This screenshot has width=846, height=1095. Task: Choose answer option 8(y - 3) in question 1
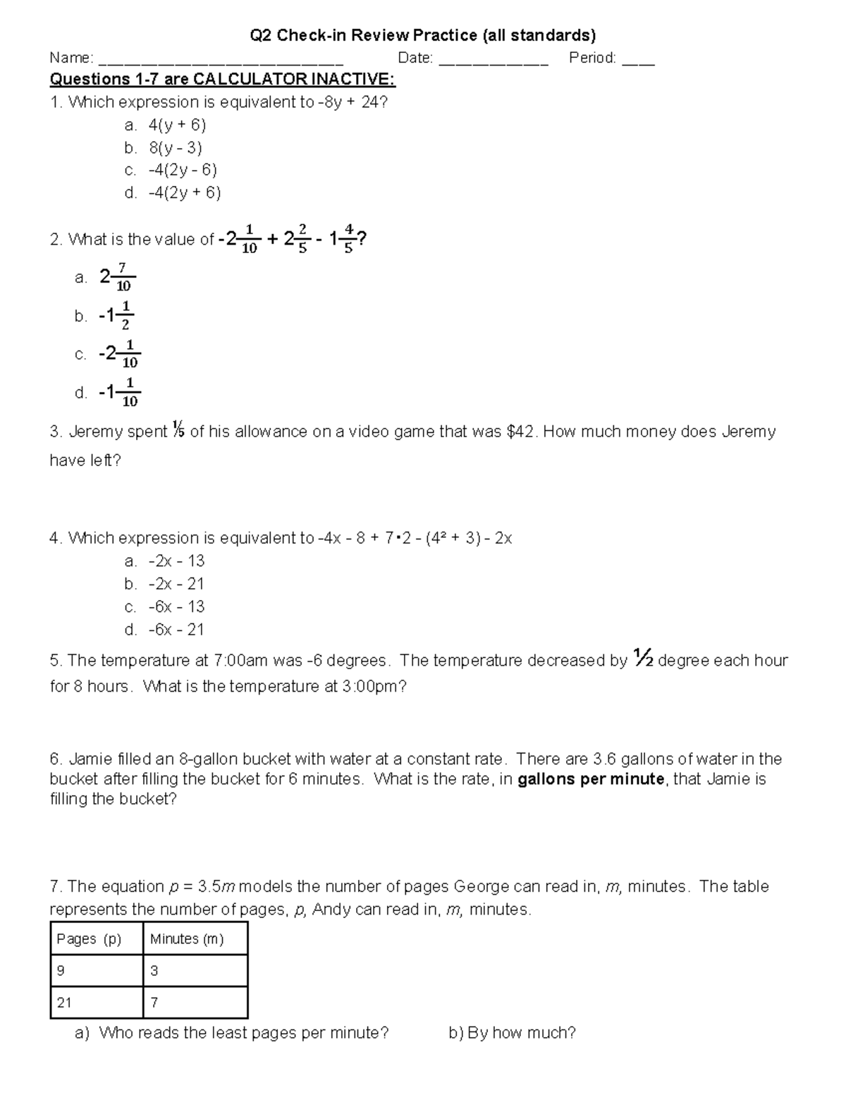tap(175, 147)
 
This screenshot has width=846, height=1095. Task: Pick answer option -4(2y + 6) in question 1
tap(184, 192)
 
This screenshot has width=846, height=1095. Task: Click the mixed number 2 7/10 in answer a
tap(117, 277)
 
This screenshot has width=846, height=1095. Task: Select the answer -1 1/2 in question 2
tap(116, 316)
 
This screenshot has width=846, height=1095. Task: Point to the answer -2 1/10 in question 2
tap(119, 354)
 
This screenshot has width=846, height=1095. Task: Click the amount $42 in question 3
tap(522, 432)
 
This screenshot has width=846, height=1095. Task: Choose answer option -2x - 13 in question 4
tap(176, 561)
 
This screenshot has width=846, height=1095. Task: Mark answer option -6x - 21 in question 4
tap(176, 630)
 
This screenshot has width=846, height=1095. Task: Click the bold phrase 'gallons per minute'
tap(591, 779)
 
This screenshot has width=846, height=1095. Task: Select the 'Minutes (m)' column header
tap(187, 939)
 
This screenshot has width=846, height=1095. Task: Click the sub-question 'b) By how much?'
tap(512, 1033)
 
